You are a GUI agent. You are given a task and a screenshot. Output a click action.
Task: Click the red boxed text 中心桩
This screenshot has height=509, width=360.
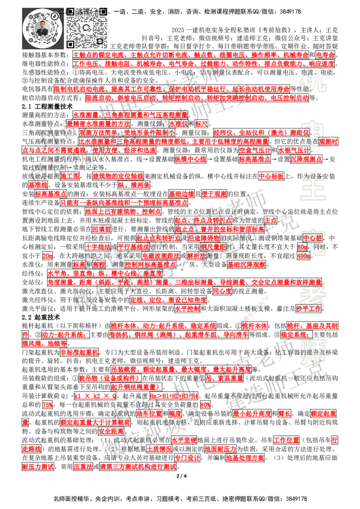coord(313,238)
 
